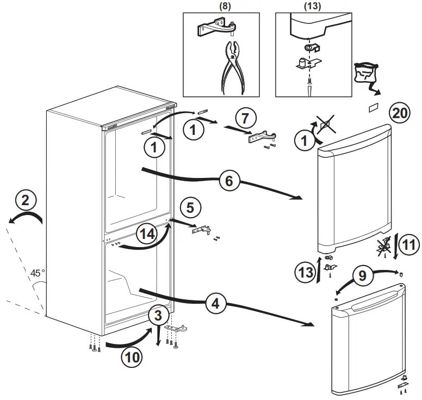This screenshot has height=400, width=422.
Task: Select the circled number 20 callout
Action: click(x=400, y=113)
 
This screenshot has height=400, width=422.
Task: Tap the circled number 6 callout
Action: click(x=229, y=180)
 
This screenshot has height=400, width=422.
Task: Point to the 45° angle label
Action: click(x=37, y=273)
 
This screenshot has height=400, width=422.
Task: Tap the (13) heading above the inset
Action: click(x=314, y=6)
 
